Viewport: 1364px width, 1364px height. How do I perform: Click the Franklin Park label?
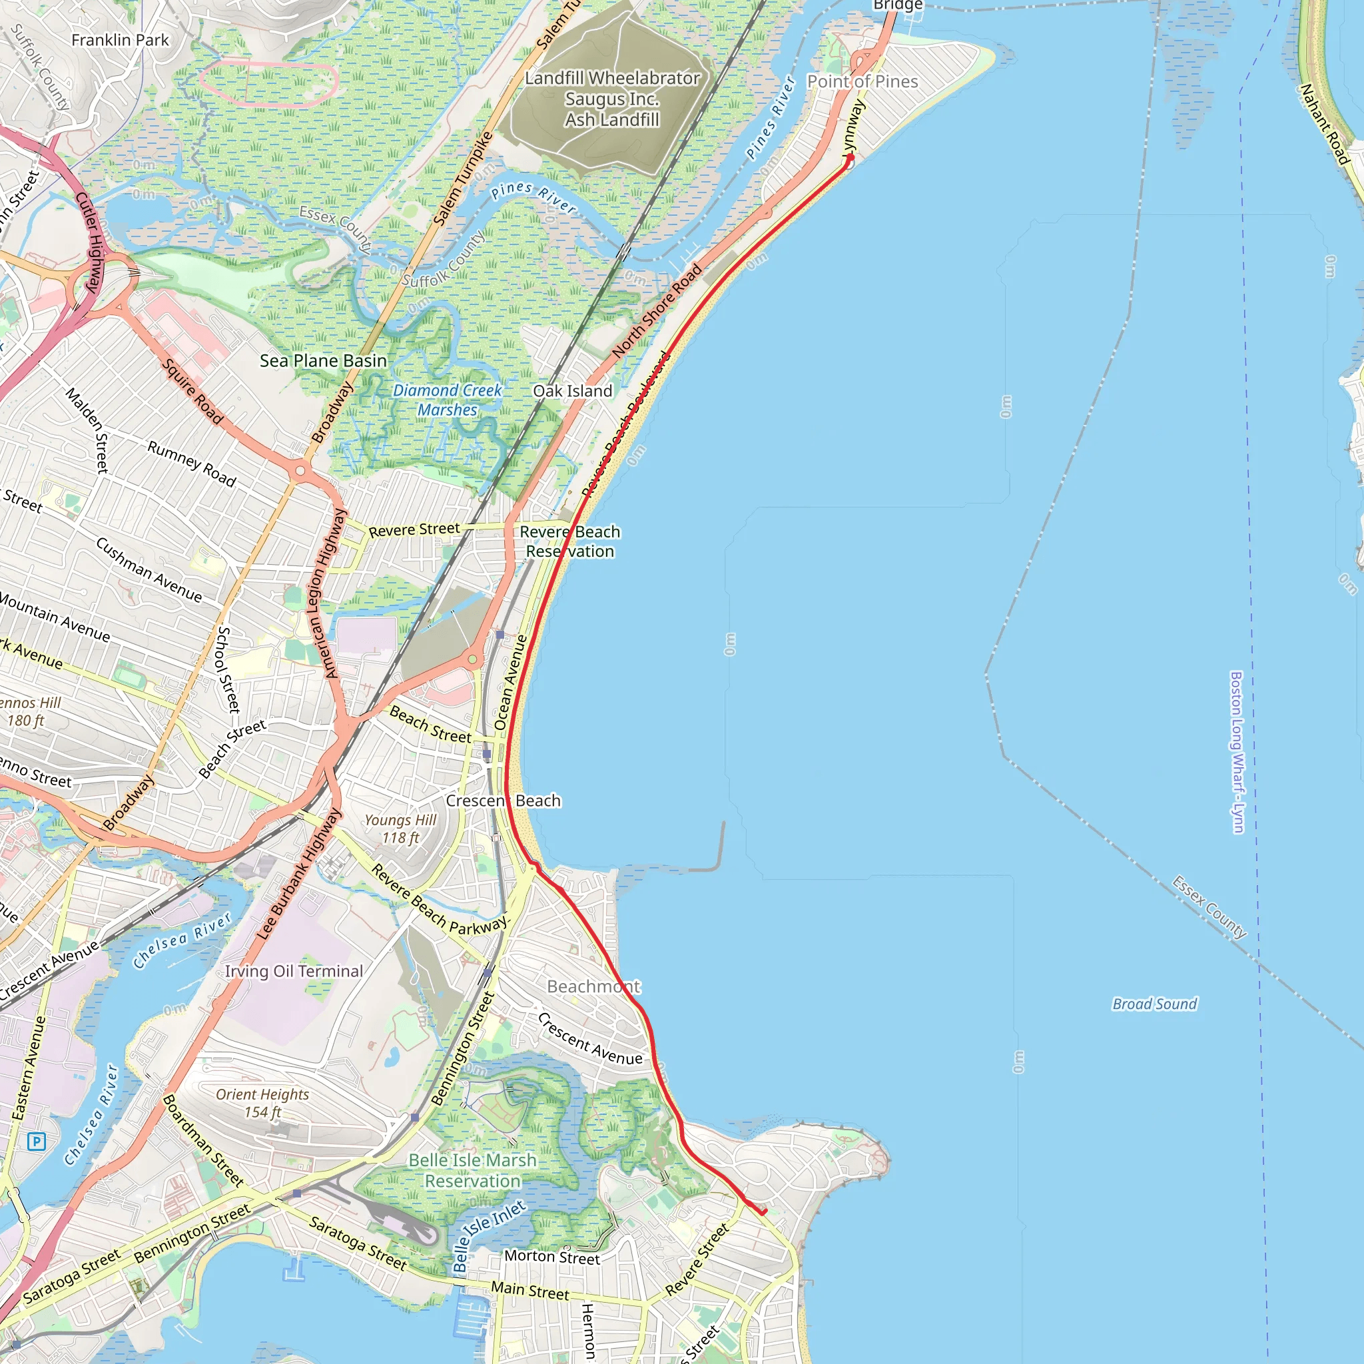tap(120, 40)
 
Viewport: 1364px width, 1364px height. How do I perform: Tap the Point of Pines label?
tap(862, 82)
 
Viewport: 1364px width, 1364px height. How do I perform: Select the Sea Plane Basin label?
tap(323, 361)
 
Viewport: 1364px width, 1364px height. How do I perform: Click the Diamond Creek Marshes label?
tap(447, 400)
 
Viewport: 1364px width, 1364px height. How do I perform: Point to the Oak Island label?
tap(573, 391)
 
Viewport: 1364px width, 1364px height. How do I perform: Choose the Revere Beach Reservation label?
tap(569, 541)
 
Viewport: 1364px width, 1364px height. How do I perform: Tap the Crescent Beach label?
tap(504, 801)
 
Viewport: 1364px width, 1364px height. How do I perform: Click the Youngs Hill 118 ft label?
tap(400, 829)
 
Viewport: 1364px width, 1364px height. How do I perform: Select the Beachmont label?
tap(593, 986)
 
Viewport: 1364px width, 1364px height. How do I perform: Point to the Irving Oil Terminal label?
tap(294, 972)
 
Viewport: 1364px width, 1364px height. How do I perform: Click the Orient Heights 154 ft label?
tap(262, 1103)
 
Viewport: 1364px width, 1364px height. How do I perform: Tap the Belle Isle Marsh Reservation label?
tap(472, 1171)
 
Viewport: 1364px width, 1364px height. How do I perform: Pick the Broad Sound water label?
tap(1154, 1004)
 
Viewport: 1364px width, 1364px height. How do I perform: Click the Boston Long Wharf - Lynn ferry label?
tap(1236, 752)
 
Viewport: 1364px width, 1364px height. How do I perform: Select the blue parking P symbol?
tap(37, 1141)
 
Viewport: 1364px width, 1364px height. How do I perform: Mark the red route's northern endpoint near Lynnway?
tap(850, 158)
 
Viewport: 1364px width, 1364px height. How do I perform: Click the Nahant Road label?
tap(1325, 125)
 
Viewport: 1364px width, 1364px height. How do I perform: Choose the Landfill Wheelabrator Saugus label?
tap(612, 99)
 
